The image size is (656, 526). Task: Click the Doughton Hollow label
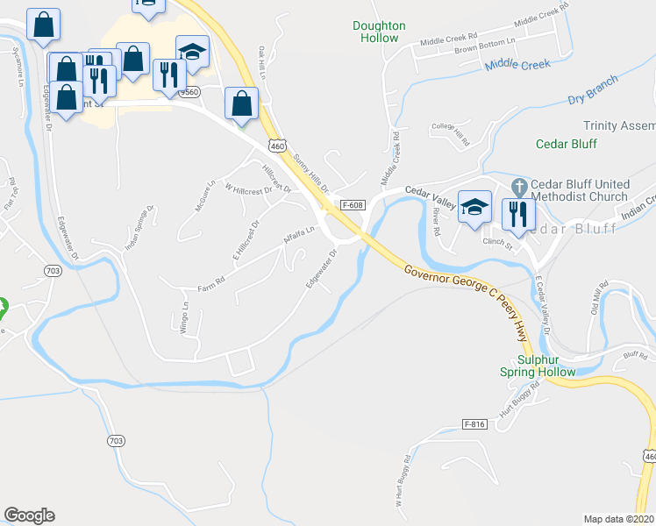point(379,32)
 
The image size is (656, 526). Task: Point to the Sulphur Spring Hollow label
point(545,366)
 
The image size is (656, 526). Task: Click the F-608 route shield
point(353,204)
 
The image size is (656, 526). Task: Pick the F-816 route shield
point(474,424)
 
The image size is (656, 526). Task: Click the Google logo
point(29,515)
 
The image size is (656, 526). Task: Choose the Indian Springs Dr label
point(139,228)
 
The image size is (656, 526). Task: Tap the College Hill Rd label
point(452,129)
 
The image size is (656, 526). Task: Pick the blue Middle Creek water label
point(517,64)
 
